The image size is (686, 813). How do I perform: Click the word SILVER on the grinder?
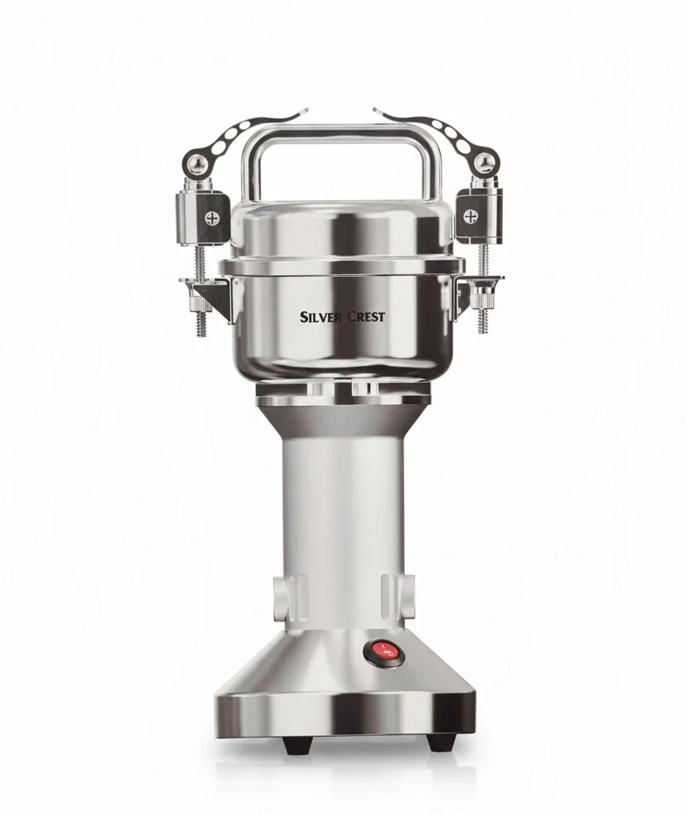coord(320,317)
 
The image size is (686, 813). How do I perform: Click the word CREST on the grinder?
coord(365,316)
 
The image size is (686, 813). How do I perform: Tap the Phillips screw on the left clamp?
coord(212,218)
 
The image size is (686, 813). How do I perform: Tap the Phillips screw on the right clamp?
coord(470,216)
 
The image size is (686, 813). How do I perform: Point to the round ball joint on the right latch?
coord(485,162)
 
